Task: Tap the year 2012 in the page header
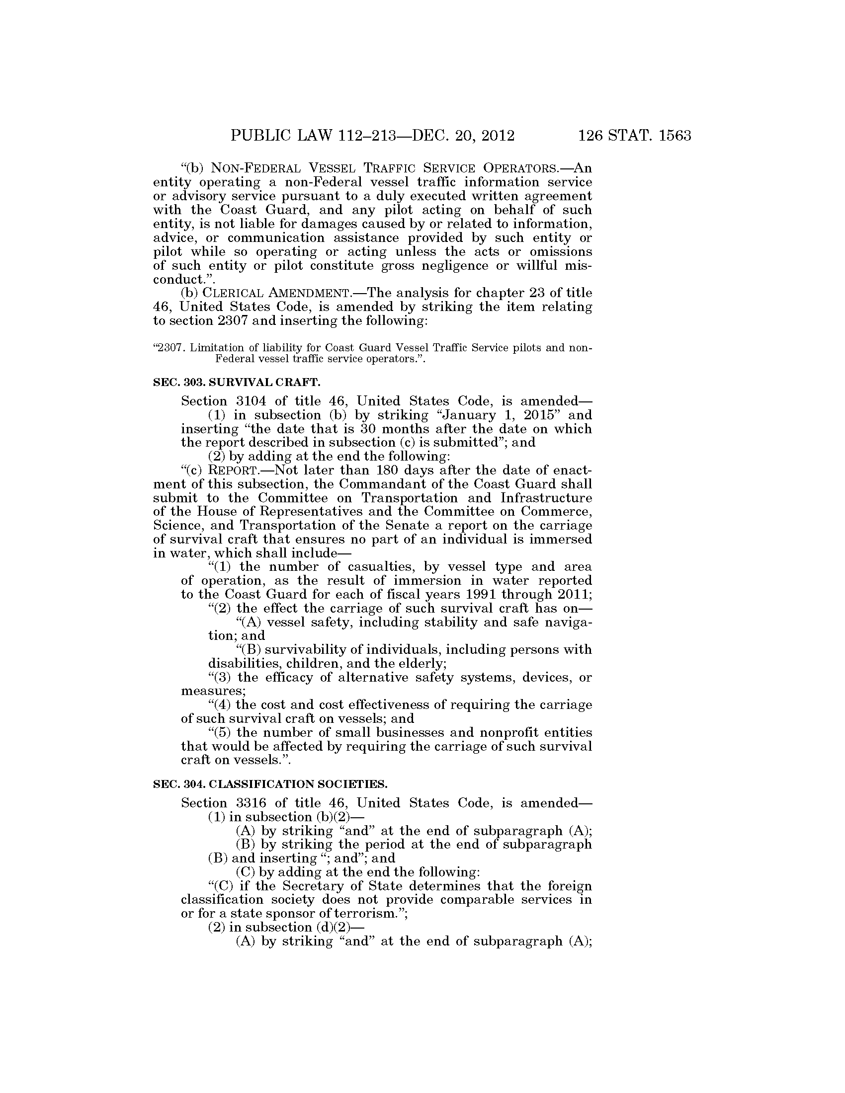coord(496,136)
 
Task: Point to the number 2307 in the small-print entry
coord(170,348)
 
